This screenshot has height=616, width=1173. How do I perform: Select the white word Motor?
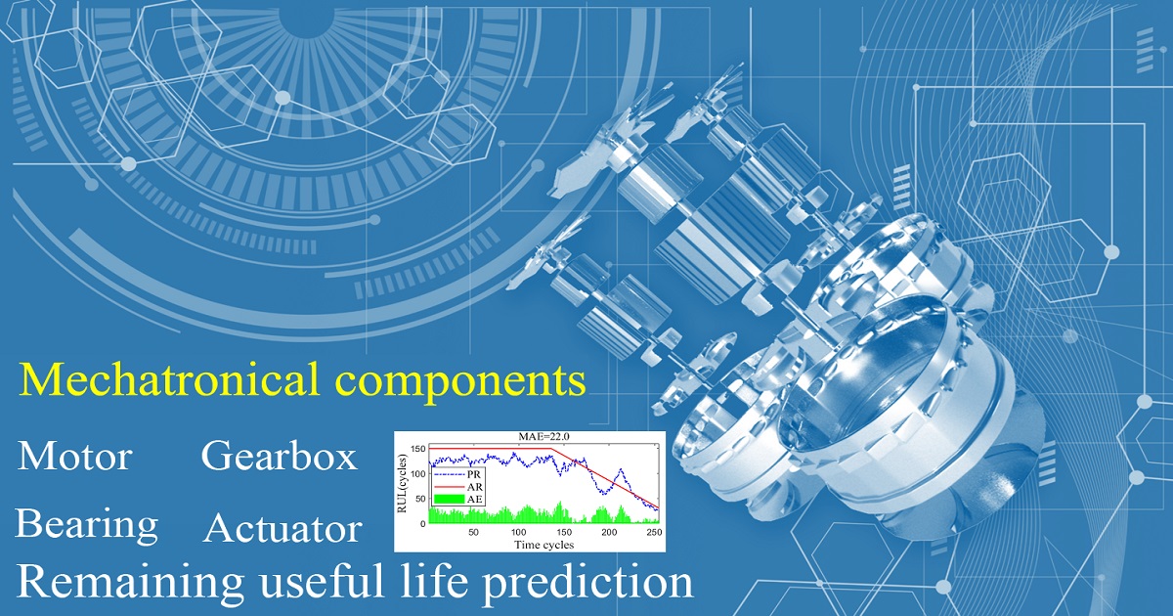click(75, 456)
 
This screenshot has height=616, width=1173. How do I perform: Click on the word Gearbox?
click(279, 457)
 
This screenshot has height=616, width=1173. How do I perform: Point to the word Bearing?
click(86, 525)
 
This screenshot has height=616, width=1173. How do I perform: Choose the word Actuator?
click(282, 530)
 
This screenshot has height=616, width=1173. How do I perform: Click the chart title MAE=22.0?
click(528, 436)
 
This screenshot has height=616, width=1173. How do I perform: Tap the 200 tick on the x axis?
click(610, 533)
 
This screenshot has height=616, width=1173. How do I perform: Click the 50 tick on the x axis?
click(473, 533)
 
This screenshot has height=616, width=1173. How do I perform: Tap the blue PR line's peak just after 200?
click(620, 470)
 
